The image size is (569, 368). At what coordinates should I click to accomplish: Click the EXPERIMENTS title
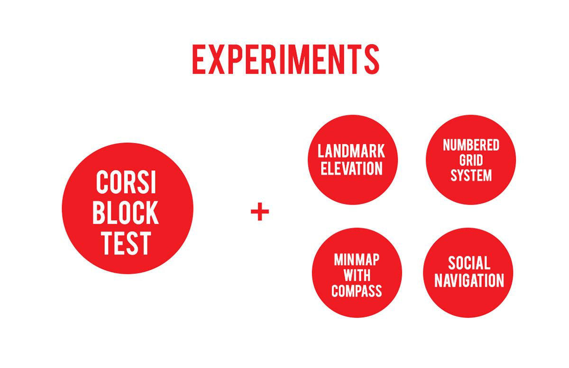click(x=286, y=59)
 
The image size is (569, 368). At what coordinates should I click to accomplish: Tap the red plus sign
click(x=260, y=212)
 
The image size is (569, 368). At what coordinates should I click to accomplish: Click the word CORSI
click(x=126, y=182)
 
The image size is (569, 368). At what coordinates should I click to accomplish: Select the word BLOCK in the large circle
click(x=126, y=212)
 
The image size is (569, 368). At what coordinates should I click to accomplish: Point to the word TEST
click(x=126, y=243)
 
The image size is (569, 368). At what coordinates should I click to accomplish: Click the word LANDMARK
click(x=351, y=151)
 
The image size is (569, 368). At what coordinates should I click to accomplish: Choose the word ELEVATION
click(x=351, y=168)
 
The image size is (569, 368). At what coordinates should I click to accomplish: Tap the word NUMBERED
click(x=471, y=145)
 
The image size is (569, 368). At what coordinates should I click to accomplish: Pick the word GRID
click(x=471, y=160)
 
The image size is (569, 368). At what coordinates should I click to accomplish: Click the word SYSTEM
click(x=471, y=175)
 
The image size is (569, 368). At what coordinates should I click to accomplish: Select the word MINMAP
click(x=357, y=259)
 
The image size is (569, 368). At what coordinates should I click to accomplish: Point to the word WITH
click(x=357, y=275)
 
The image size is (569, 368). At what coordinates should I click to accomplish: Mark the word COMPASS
click(x=357, y=291)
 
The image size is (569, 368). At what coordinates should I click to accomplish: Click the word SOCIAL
click(x=469, y=263)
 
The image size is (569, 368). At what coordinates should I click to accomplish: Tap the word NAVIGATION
click(x=469, y=280)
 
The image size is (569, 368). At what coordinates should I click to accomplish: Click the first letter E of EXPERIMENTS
click(x=199, y=59)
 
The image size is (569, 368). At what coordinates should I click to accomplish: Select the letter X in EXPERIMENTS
click(x=216, y=59)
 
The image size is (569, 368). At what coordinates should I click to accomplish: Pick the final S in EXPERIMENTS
click(x=372, y=59)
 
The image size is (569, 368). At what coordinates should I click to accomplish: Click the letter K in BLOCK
click(x=152, y=212)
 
